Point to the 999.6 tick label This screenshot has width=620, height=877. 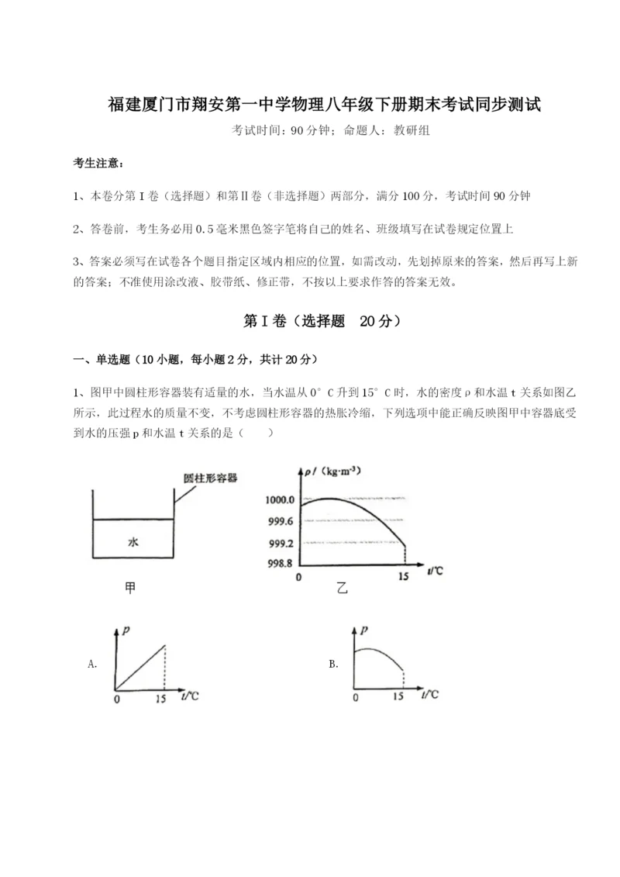pos(278,521)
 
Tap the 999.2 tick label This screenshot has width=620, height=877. pos(278,543)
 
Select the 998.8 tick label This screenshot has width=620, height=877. pos(278,564)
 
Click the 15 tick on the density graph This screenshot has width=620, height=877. pos(403,578)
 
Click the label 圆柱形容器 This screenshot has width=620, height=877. pos(210,478)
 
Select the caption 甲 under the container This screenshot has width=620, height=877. pos(130,589)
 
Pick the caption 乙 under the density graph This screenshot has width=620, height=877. pos(342,589)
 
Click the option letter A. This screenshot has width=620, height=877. pos(92,664)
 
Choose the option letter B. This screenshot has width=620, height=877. pos(333,664)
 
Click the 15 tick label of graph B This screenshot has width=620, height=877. pos(398,697)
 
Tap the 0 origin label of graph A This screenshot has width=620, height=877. pos(116,698)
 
